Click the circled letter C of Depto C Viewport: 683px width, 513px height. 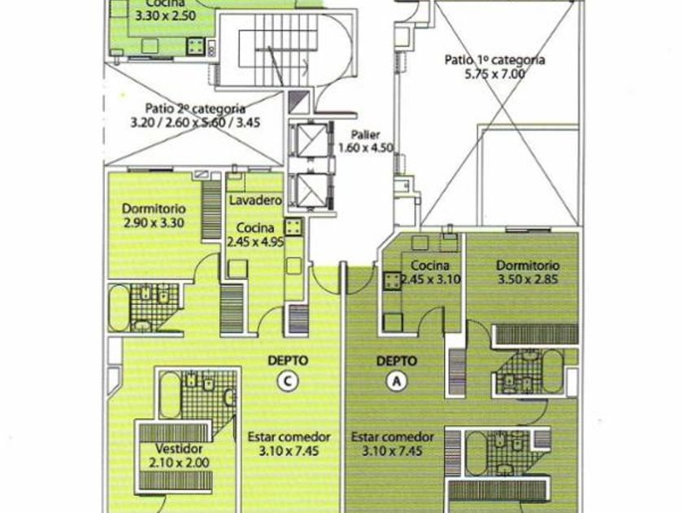(x=288, y=381)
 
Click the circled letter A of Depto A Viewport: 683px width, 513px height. (x=397, y=381)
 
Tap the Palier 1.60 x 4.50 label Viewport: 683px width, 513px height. (x=366, y=141)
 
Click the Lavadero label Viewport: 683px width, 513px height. (x=255, y=200)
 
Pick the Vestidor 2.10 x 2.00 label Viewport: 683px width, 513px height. (x=179, y=455)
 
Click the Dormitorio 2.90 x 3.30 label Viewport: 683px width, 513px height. (x=154, y=216)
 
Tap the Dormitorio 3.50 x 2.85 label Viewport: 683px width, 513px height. (x=528, y=272)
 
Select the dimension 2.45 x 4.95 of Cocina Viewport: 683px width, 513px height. (x=255, y=241)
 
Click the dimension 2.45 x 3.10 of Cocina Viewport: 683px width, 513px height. (x=430, y=279)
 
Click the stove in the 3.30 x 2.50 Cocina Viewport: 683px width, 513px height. (x=196, y=46)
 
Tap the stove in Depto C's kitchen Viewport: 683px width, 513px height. (x=294, y=227)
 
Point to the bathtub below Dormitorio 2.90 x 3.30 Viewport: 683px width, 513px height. (x=119, y=308)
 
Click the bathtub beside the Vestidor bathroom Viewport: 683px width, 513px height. (x=169, y=394)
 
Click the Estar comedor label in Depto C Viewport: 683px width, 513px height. (x=289, y=444)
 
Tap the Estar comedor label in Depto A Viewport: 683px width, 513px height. (x=393, y=444)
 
